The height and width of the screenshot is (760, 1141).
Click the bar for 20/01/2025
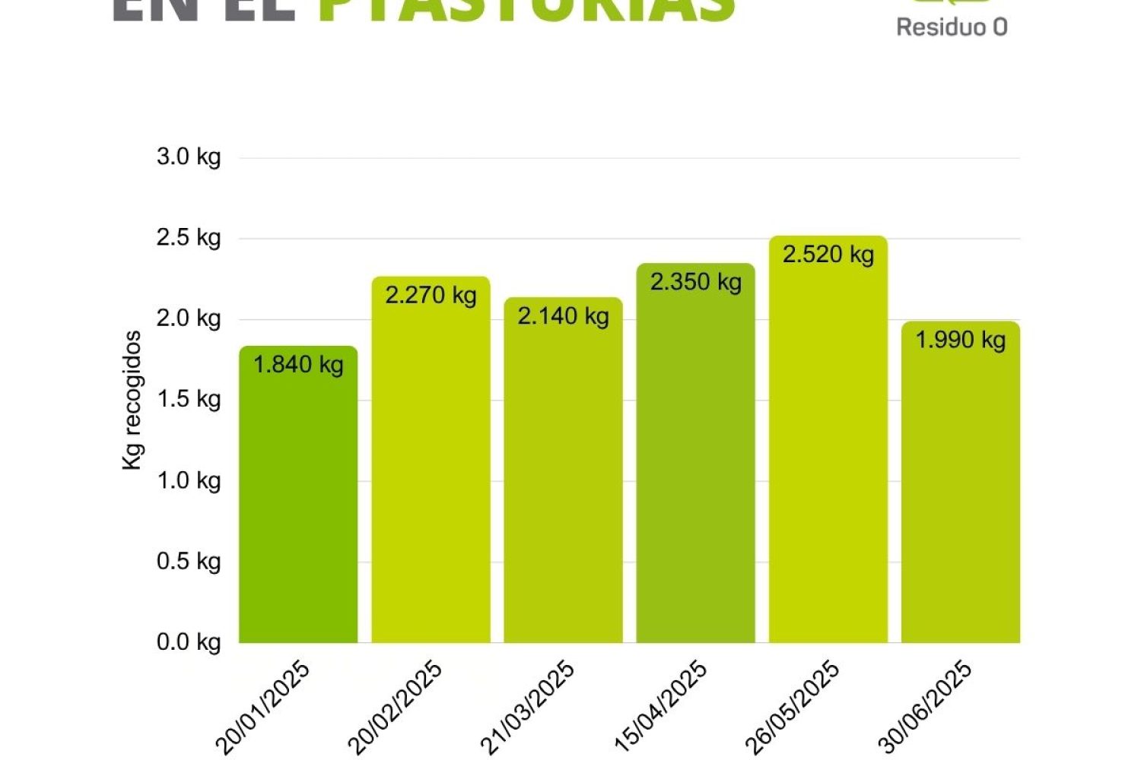tap(298, 502)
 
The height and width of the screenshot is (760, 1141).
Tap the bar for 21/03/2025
tap(563, 479)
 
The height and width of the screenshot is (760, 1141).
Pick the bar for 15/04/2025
tap(695, 464)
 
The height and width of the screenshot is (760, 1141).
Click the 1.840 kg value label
tap(298, 365)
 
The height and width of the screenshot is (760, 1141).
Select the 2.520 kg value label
tap(828, 254)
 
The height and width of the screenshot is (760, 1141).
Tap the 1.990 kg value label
tap(960, 340)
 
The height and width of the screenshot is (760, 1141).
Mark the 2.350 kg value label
tap(696, 282)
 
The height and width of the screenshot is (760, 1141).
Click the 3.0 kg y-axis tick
tap(189, 157)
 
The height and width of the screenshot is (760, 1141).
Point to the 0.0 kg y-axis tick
tap(189, 642)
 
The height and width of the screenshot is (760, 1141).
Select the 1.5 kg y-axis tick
tap(189, 399)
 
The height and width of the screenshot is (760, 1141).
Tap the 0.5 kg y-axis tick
tap(189, 562)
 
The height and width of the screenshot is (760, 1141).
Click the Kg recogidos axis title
tap(132, 400)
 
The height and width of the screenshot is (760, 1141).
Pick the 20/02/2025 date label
tap(395, 707)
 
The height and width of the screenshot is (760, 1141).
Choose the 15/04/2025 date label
tap(660, 707)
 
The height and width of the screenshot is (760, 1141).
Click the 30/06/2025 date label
tap(925, 707)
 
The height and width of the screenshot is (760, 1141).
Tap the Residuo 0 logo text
tap(952, 27)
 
